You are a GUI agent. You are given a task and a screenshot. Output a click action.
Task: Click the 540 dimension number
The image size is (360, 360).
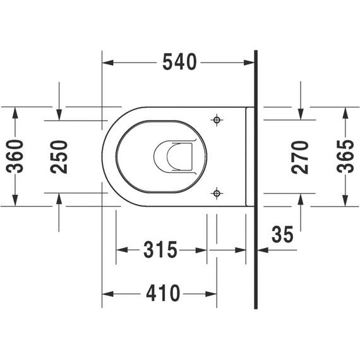tap(179, 62)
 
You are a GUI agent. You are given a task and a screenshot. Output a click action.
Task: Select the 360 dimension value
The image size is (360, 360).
tap(15, 157)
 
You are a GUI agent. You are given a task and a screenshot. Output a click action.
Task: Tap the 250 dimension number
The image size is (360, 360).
tap(59, 157)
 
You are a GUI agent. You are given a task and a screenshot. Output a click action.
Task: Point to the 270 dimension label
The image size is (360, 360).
tap(300, 157)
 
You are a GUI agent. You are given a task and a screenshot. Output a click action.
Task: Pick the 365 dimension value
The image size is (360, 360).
tap(345, 157)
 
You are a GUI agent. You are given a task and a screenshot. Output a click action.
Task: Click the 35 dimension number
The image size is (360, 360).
tap(282, 234)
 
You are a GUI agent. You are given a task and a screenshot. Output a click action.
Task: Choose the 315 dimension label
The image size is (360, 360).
tap(160, 249)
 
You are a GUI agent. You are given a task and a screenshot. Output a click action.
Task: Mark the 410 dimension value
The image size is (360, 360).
tap(163, 293)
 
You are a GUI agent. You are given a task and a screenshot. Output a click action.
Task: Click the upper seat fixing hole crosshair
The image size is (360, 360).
tap(217, 119)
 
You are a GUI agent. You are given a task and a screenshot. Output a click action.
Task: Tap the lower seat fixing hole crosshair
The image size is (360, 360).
tap(217, 193)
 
